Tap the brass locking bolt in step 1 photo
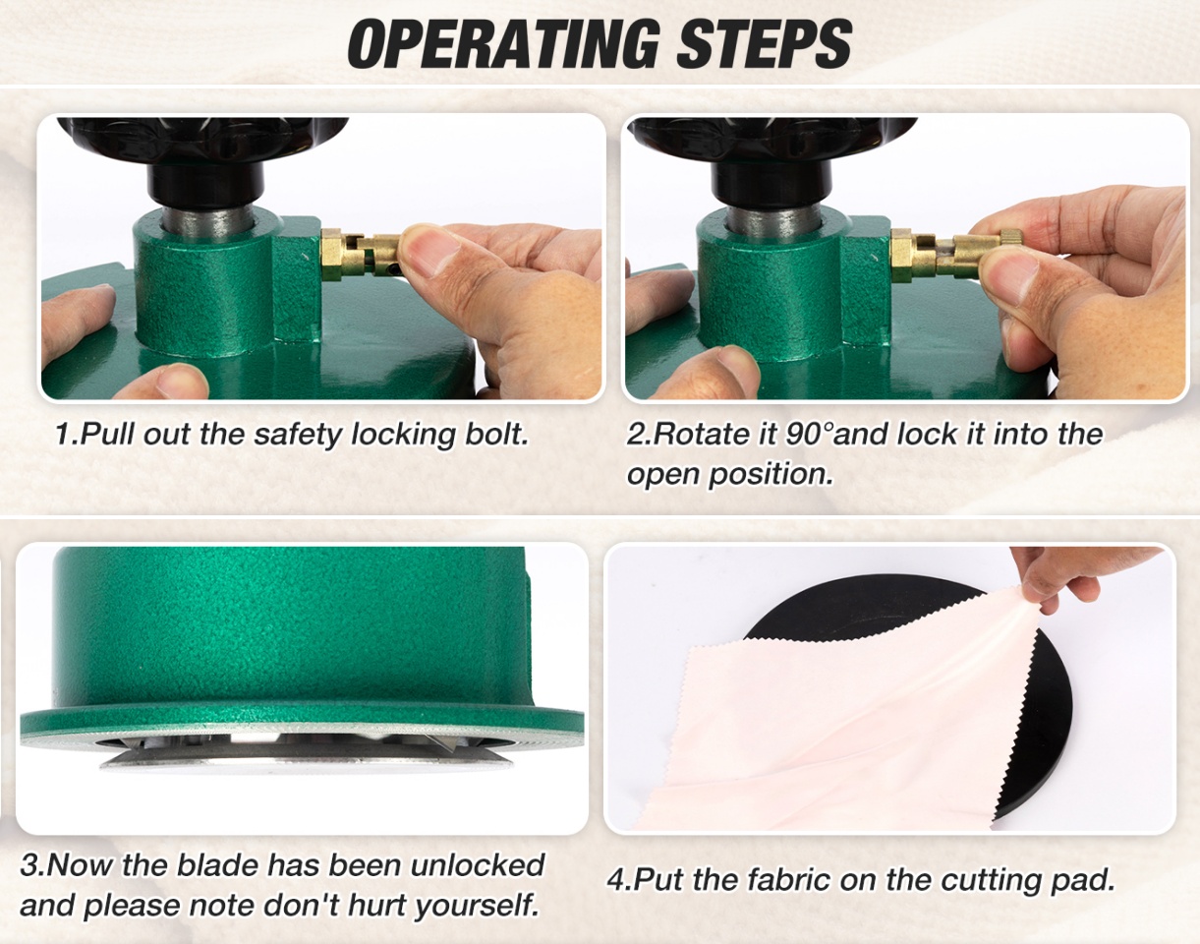361,255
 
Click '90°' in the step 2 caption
808,434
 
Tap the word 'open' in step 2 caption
662,475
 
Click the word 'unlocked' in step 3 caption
478,865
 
